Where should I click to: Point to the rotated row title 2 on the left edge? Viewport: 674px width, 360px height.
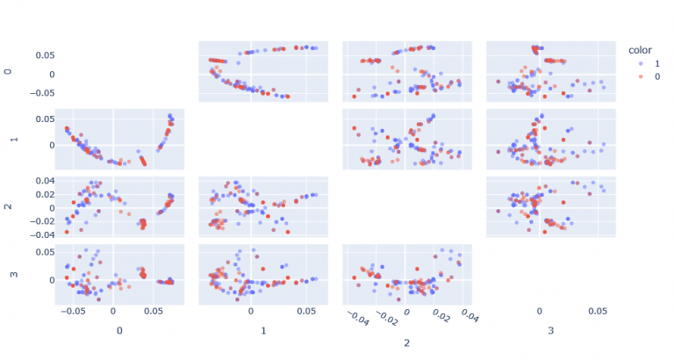(x=10, y=206)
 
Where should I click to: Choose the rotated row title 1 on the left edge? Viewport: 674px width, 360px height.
(x=10, y=139)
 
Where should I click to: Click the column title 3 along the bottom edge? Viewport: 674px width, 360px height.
(x=550, y=331)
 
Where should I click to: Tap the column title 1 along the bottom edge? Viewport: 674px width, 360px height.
(x=263, y=331)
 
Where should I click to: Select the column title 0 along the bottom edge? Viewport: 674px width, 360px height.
(x=119, y=331)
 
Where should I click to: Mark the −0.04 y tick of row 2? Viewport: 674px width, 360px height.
(x=33, y=235)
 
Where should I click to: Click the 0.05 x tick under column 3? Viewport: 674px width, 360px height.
(x=597, y=311)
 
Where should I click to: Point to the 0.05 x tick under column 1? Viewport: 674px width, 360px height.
(x=307, y=311)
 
